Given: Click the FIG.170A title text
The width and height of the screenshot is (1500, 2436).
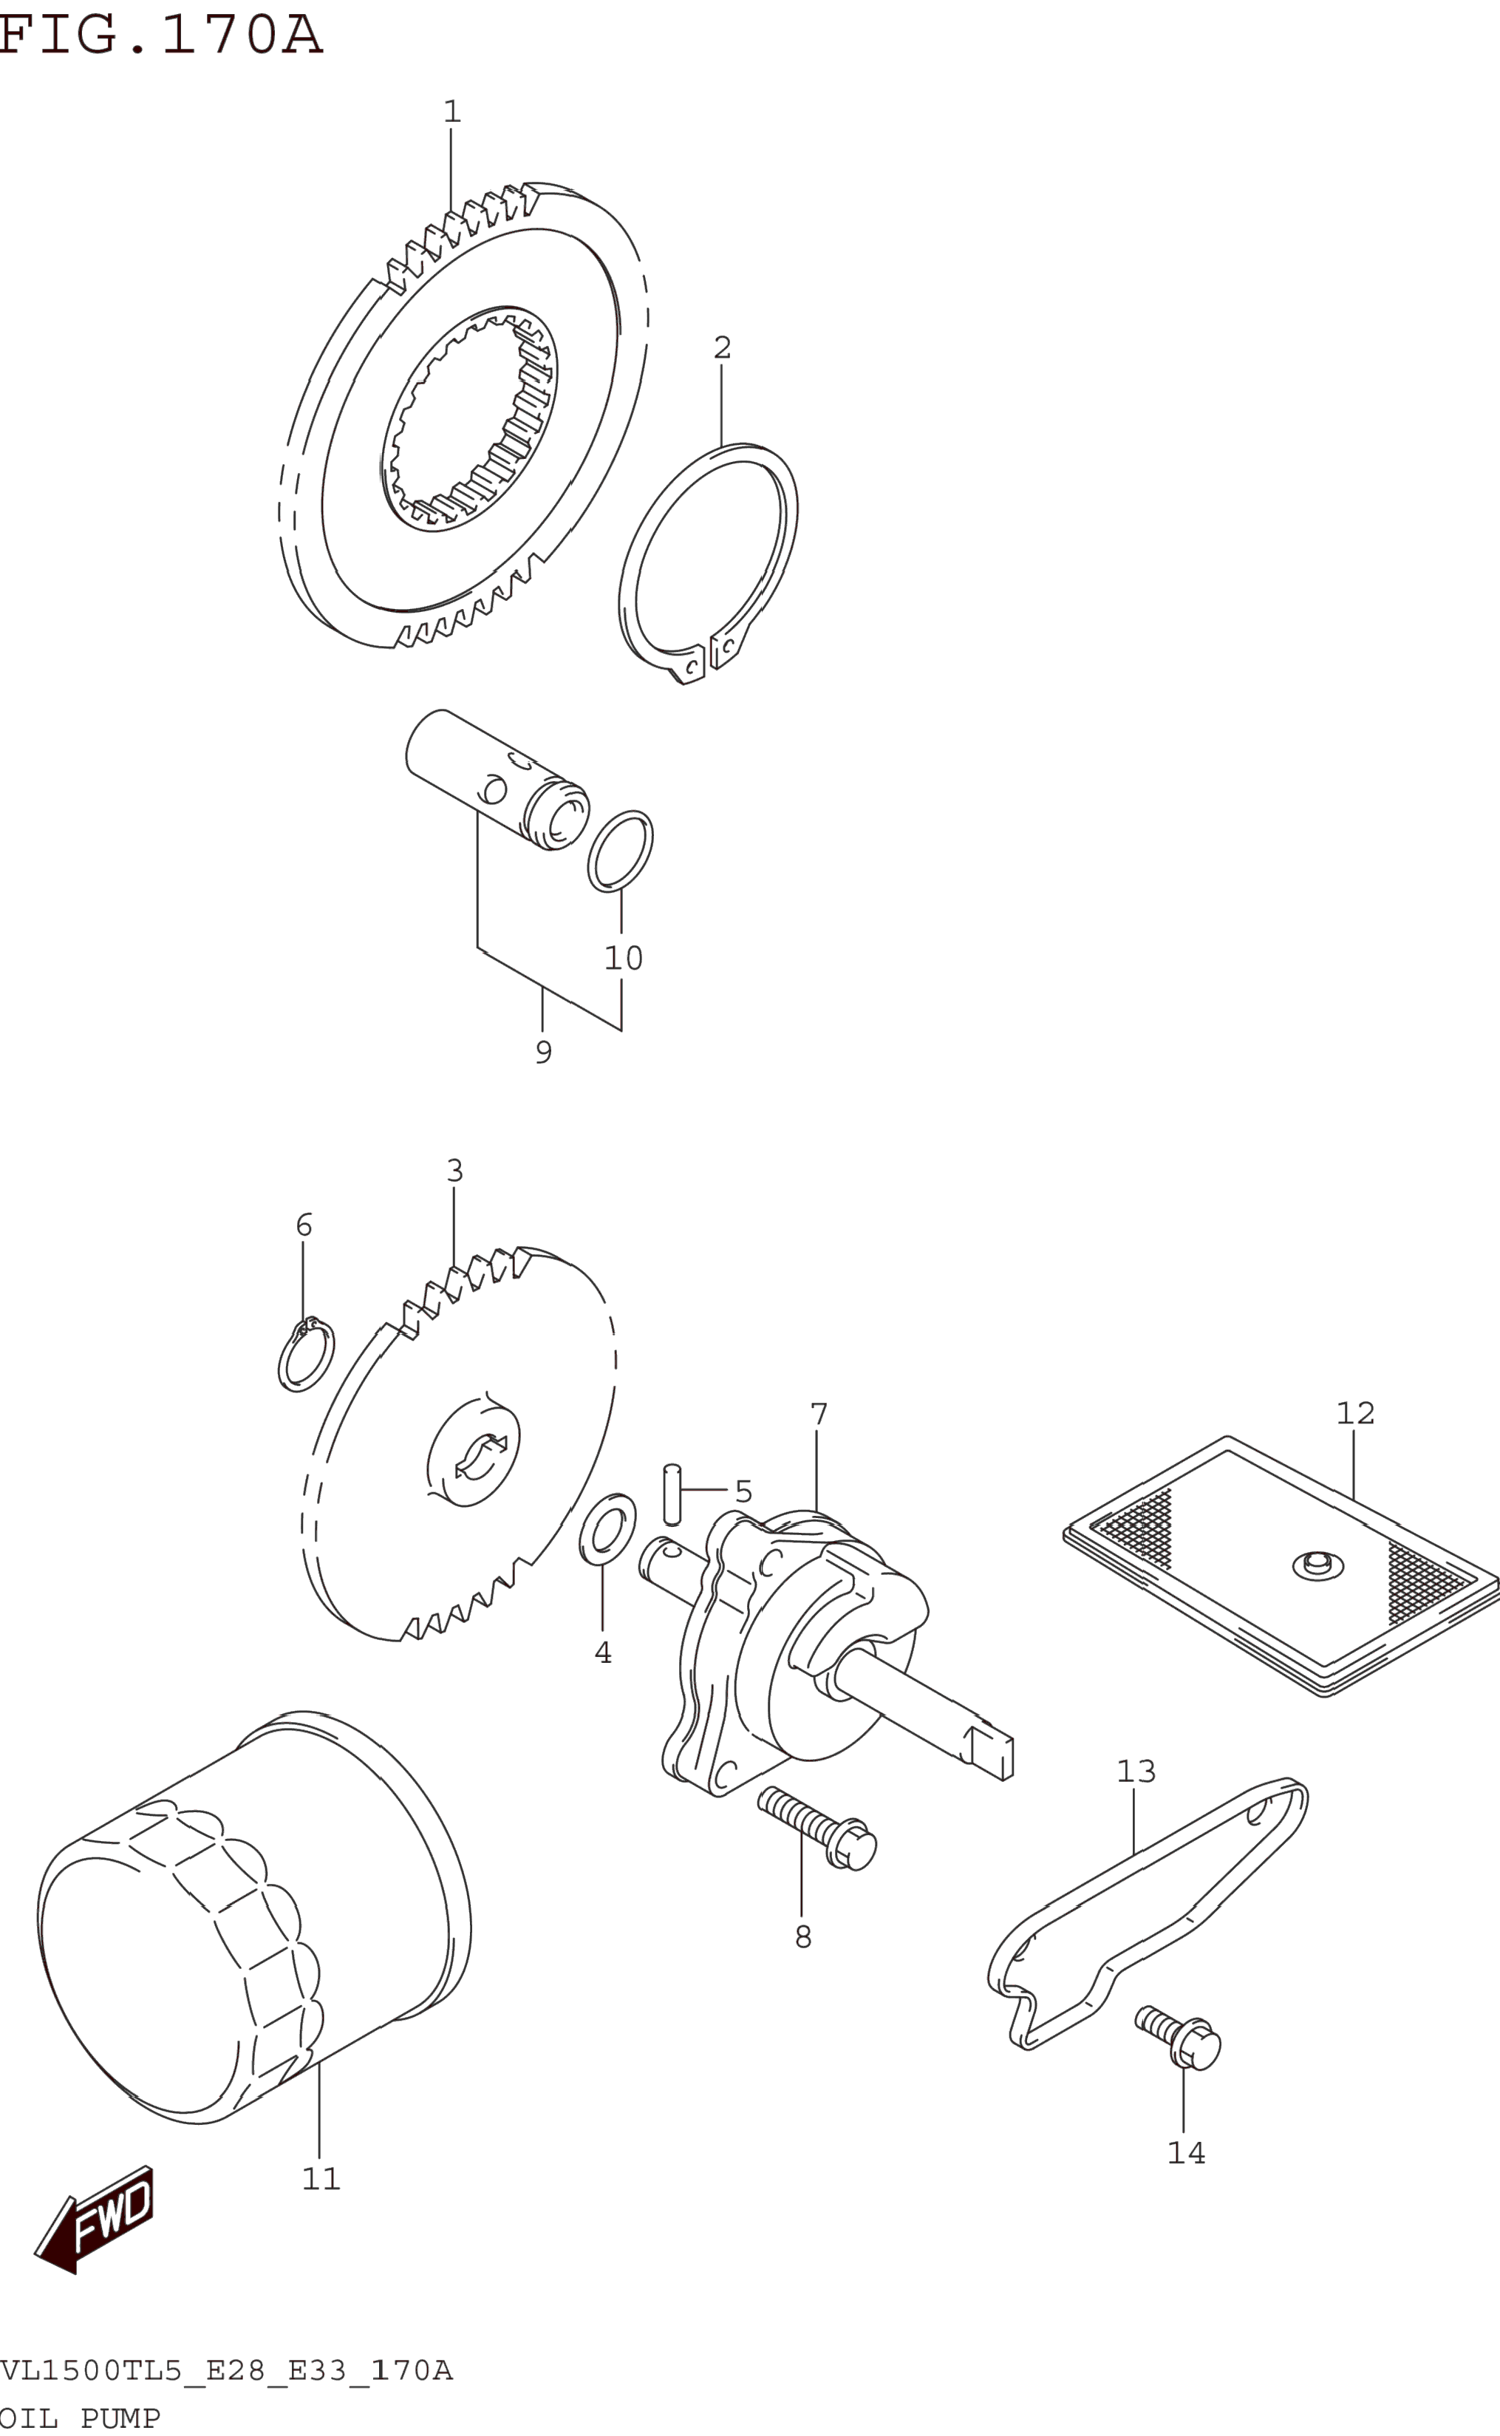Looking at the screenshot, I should coord(161,35).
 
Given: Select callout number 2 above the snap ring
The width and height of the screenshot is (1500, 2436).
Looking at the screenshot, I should coord(722,348).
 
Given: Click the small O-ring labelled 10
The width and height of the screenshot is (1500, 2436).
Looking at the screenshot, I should coord(620,851).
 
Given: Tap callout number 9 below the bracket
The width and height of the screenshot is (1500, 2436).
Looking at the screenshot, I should coord(542,1052).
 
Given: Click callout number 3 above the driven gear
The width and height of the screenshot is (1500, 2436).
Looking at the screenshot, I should coord(454,1171).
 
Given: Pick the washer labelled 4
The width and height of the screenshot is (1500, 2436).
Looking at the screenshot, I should coord(607,1529).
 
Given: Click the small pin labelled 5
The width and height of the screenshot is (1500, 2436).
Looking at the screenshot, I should coord(672,1494).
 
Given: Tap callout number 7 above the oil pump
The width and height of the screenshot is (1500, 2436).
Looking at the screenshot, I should coord(819,1415).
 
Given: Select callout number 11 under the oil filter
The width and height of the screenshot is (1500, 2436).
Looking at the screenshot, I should coord(321,2179).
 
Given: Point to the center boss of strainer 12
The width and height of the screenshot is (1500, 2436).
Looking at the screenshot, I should coord(1317,1564).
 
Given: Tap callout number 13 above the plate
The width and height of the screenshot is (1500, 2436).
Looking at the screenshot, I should coord(1136,1771).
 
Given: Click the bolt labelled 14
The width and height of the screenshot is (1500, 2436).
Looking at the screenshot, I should coord(1181,2039).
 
